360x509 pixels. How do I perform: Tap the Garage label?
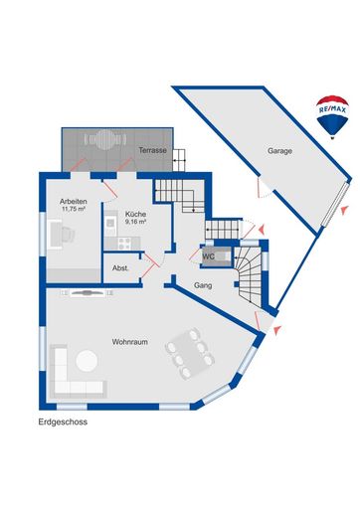tap(280, 151)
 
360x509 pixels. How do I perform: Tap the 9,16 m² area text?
tap(135, 222)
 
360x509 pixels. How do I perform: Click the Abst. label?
tap(120, 268)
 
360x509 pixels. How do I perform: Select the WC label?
tap(209, 256)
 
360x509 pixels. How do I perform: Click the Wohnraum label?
tap(129, 341)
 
